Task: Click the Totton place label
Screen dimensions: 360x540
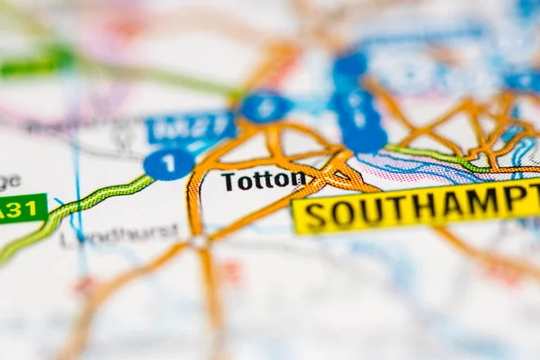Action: click(x=263, y=180)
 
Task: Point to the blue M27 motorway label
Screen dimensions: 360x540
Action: click(x=190, y=129)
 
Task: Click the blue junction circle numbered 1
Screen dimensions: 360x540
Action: click(x=168, y=164)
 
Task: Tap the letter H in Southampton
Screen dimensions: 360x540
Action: click(x=423, y=207)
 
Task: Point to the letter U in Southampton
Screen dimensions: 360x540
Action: click(x=368, y=211)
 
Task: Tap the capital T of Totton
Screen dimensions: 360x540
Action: click(x=228, y=182)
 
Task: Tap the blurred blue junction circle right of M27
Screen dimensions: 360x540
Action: click(x=265, y=107)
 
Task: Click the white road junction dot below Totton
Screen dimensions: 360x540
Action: click(x=200, y=241)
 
